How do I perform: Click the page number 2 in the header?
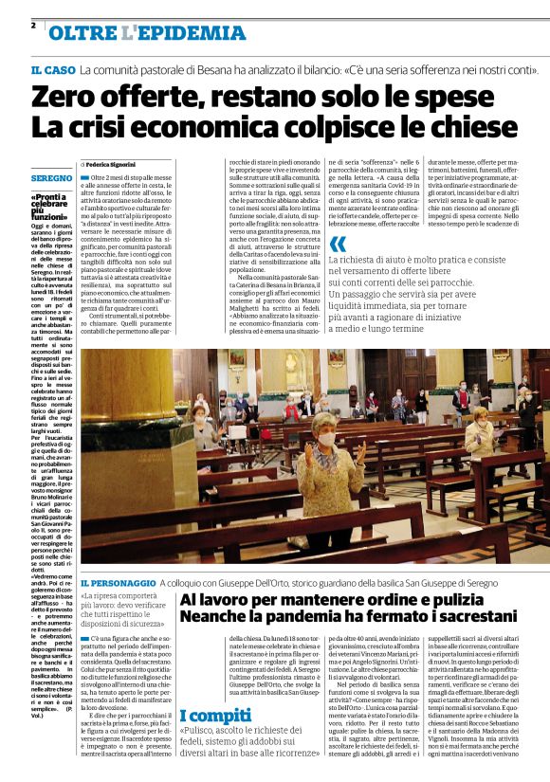(x=33, y=24)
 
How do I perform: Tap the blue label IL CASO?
(x=52, y=71)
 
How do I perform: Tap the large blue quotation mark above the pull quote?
(x=339, y=244)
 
